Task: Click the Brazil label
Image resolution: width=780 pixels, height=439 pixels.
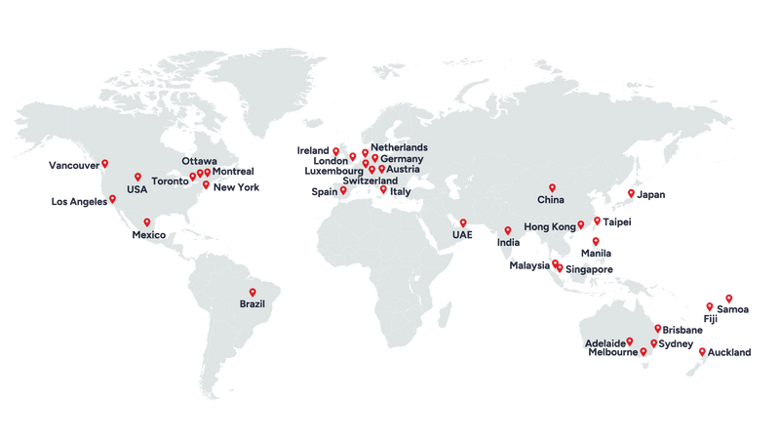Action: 252,305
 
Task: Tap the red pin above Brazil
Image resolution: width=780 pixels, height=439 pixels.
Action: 253,292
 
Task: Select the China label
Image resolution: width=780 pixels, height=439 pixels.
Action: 551,200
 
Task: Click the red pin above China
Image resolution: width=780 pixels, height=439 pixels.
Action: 552,187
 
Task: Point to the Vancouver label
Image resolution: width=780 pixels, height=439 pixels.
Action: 73,166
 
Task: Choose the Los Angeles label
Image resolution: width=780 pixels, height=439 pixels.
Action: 78,202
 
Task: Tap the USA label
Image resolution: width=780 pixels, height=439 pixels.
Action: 136,189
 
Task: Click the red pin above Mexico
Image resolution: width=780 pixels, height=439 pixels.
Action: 147,221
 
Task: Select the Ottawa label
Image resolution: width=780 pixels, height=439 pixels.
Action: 199,161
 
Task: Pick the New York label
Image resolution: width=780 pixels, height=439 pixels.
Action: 236,187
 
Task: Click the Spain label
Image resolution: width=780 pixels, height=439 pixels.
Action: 324,192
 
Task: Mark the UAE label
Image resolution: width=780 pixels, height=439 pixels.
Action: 461,235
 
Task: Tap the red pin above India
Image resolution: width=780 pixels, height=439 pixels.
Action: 508,230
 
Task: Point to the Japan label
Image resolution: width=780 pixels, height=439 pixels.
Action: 651,194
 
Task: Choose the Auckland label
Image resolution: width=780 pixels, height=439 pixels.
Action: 730,350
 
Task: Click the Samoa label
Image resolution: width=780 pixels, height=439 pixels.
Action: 734,309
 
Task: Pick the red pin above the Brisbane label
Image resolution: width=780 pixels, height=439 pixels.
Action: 659,327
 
